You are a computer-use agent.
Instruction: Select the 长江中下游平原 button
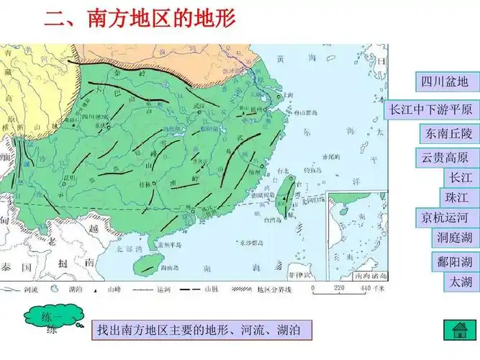coord(432,109)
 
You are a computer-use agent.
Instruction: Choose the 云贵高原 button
coord(447,158)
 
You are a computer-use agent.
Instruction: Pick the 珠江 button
coord(457,197)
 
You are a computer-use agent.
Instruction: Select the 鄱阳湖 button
coord(456,261)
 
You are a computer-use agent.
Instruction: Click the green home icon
coord(460,331)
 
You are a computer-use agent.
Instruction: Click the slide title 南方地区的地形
coord(141,18)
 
